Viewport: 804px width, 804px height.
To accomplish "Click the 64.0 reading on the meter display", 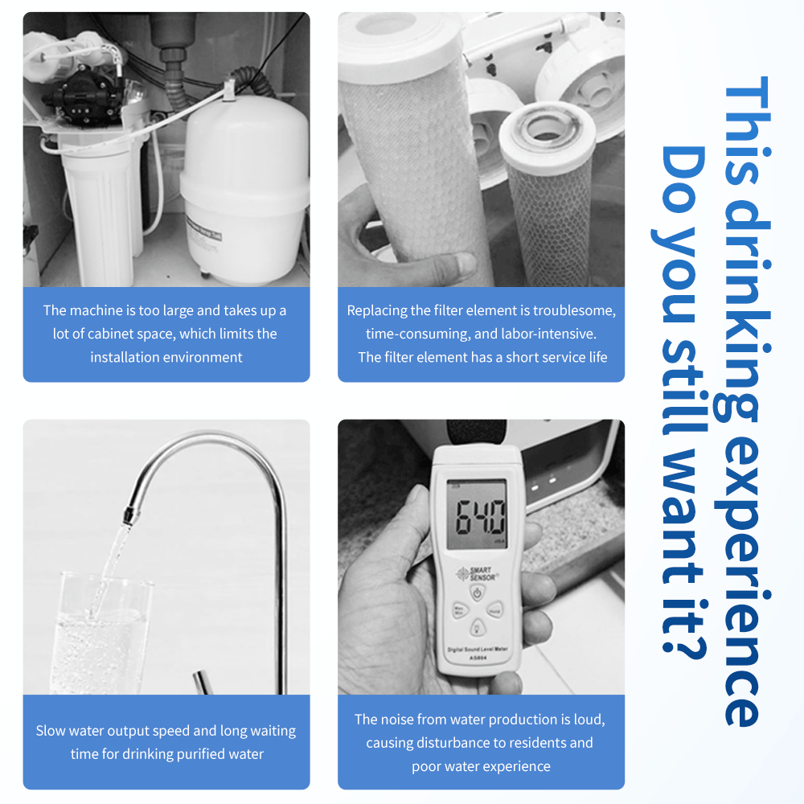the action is (481, 517).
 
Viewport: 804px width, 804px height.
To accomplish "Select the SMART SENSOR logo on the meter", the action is (476, 574).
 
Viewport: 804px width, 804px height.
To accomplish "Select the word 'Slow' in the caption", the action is (50, 731).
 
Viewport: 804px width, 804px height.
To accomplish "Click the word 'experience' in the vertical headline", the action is (744, 584).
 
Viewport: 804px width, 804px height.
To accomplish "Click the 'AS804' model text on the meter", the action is (478, 658).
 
